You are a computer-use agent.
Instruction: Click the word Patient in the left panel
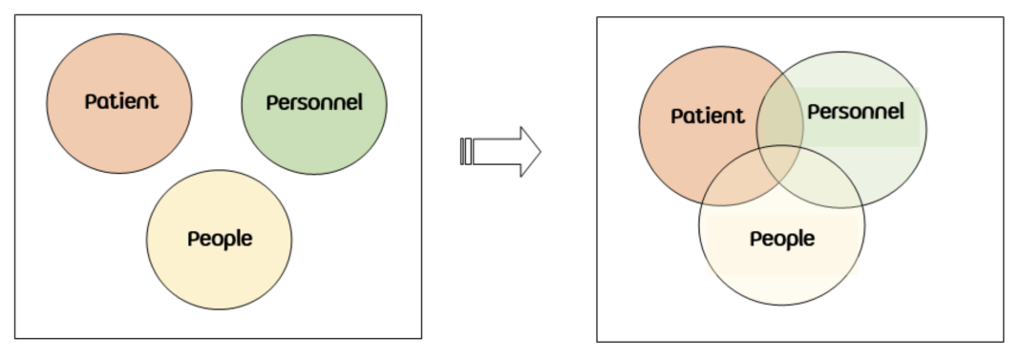point(121,101)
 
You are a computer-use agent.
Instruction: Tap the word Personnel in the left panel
point(314,102)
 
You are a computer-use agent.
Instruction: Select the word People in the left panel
point(220,239)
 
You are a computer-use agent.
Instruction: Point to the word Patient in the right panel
point(707,116)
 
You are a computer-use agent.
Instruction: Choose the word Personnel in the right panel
point(855,112)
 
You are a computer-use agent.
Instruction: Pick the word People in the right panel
point(781,239)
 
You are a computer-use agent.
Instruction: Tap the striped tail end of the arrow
point(466,151)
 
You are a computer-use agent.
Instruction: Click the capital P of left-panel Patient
point(91,101)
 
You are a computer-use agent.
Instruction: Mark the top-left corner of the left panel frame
point(15,14)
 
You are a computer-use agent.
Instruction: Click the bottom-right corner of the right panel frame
point(1004,341)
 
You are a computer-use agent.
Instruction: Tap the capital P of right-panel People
point(754,239)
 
